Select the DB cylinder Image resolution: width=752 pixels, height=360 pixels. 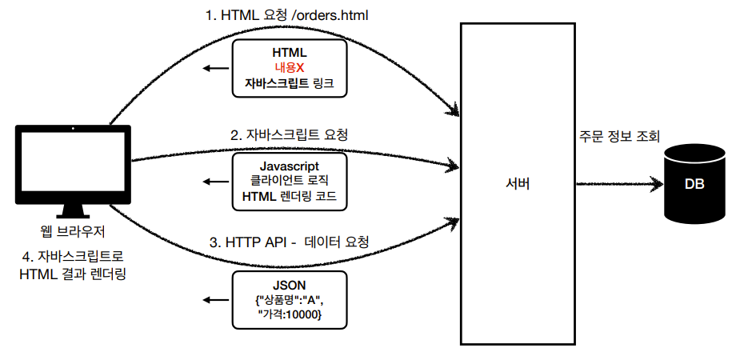click(694, 183)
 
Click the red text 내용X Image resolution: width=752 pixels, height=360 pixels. click(289, 68)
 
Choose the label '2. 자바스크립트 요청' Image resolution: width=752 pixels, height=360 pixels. click(289, 135)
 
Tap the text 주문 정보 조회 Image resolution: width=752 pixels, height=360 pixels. click(620, 137)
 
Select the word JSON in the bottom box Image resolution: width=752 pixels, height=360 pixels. click(289, 285)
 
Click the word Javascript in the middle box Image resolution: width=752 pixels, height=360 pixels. click(289, 165)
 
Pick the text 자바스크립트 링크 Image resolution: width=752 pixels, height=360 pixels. click(289, 83)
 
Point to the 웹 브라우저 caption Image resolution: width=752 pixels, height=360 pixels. click(73, 233)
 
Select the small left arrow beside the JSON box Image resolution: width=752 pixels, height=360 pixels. click(214, 301)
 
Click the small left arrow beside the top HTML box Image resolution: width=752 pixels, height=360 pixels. click(214, 69)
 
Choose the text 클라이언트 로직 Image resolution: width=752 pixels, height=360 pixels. click(289, 181)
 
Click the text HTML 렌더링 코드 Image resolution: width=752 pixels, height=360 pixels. click(289, 196)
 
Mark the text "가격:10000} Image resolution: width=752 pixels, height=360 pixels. click(289, 316)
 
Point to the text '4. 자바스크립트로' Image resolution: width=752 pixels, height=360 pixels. click(73, 258)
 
